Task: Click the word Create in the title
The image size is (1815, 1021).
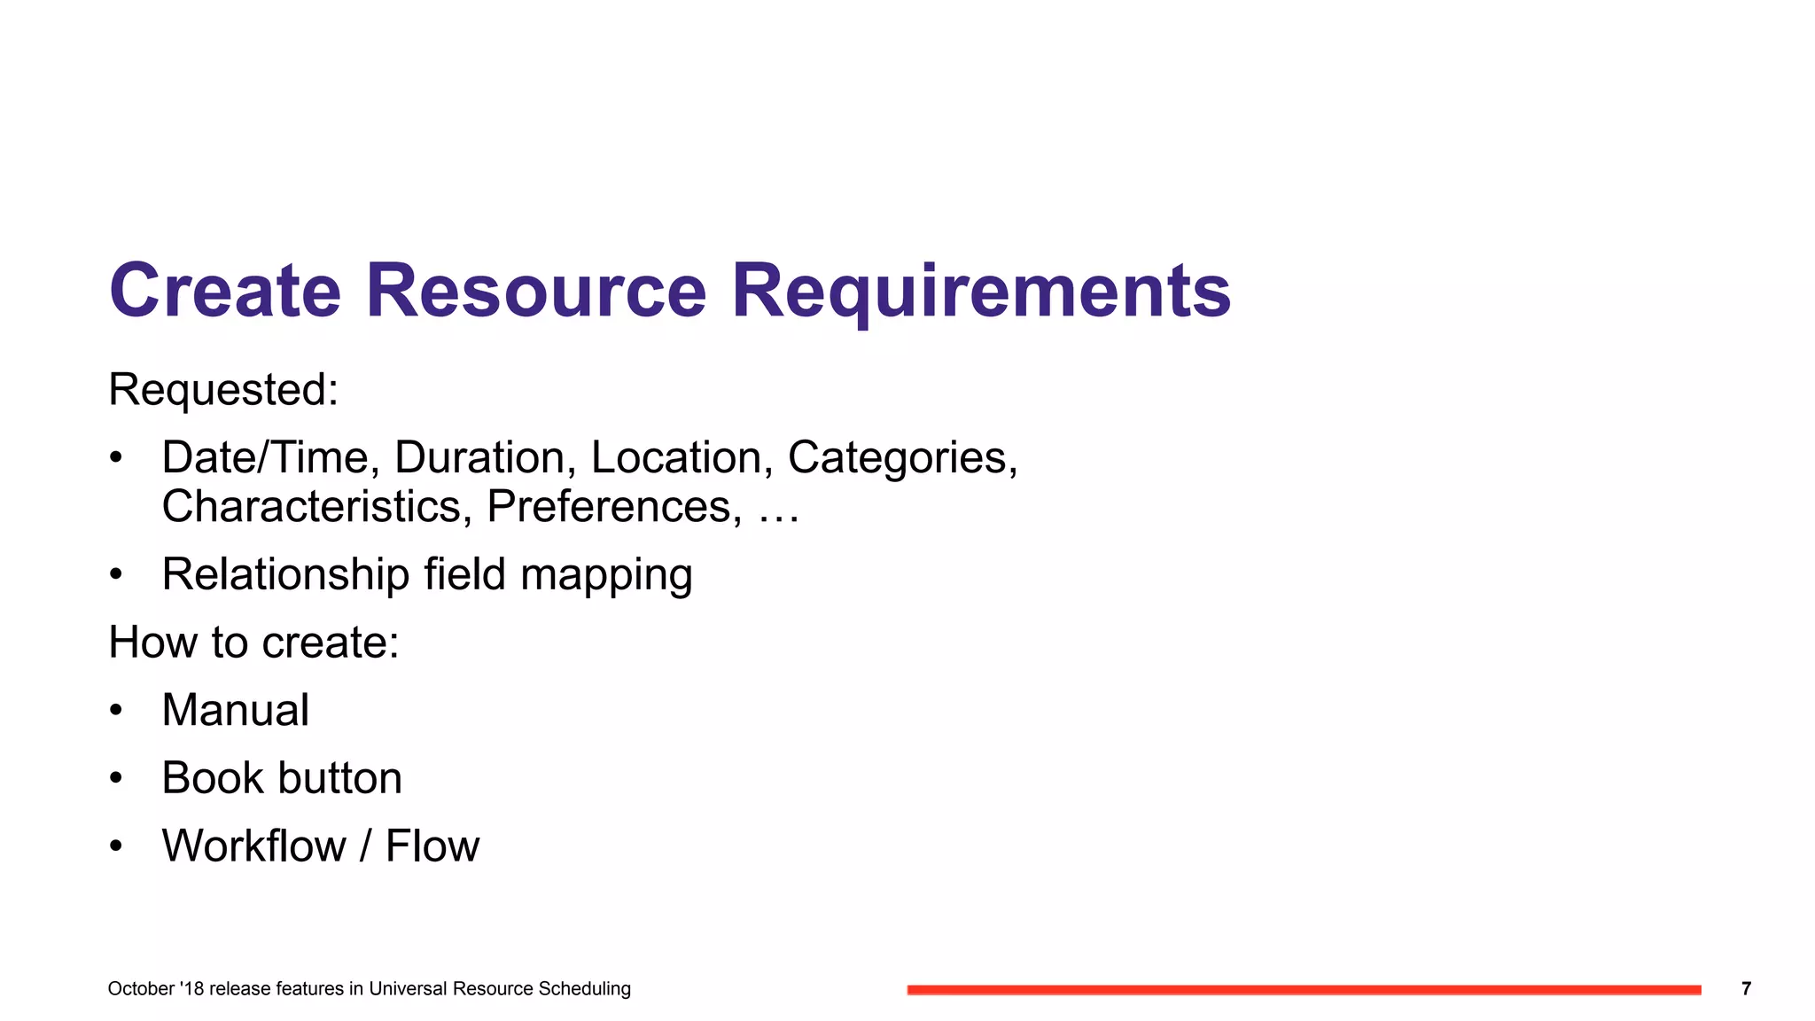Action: (x=225, y=291)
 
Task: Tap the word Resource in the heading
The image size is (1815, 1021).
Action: (x=536, y=291)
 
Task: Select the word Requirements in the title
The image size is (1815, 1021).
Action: (x=981, y=292)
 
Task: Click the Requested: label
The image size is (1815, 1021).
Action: (x=223, y=390)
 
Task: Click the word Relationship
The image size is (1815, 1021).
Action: (x=284, y=574)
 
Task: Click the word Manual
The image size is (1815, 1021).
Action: (x=236, y=710)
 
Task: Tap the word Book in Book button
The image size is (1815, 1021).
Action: (x=212, y=778)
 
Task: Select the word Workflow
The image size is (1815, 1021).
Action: (x=253, y=846)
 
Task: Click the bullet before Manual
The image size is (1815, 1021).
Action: (x=115, y=710)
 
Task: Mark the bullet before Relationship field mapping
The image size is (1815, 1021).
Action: (x=115, y=574)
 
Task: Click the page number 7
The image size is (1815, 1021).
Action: (x=1746, y=988)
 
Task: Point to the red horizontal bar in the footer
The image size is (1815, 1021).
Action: (x=1304, y=989)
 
